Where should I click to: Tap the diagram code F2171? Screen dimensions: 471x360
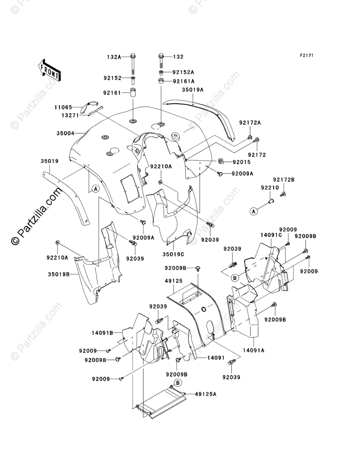306,56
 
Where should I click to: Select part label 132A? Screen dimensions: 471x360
114,57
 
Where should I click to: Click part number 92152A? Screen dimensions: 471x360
183,72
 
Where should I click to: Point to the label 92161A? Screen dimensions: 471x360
183,81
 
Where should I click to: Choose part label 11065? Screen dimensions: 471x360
63,107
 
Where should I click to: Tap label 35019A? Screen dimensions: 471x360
192,90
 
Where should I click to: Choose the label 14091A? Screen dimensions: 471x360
253,350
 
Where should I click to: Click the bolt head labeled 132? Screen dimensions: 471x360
161,56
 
